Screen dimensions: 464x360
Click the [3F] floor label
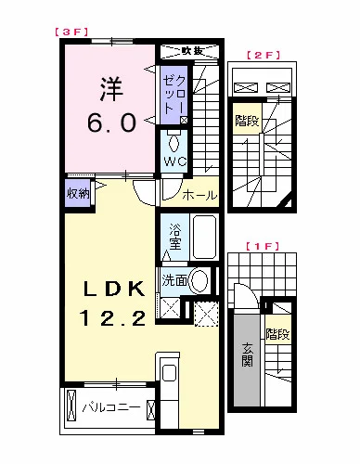tap(71, 31)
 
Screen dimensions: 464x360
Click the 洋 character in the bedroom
tap(112, 91)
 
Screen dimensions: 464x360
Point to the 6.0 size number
tap(112, 122)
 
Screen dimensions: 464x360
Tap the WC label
tap(175, 161)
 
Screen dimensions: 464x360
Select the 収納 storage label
tap(78, 194)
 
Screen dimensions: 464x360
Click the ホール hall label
tap(198, 196)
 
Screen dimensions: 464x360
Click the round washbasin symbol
tap(199, 283)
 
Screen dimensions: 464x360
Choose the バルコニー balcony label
tap(109, 406)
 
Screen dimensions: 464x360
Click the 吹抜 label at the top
tap(192, 50)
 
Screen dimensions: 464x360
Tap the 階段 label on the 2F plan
tap(247, 120)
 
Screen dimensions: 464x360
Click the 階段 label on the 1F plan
tap(276, 334)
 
